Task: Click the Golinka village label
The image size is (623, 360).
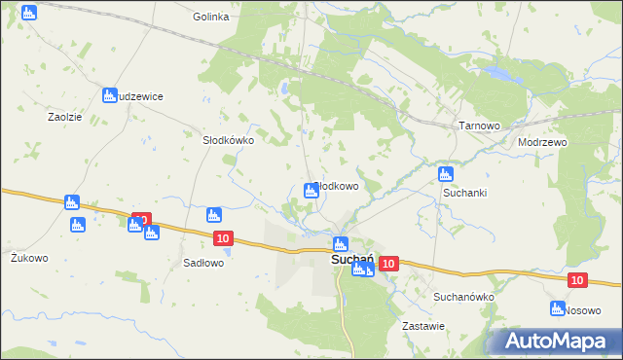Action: coord(210,17)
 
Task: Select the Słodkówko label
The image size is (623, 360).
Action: coord(228,139)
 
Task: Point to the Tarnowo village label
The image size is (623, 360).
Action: coord(479,126)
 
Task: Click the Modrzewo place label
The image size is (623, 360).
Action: coord(543,141)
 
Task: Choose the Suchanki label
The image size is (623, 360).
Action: coord(465,193)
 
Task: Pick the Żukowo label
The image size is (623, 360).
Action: coord(29,258)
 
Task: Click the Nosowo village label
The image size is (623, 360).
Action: coord(582,309)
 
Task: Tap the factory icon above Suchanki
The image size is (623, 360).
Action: coord(445,174)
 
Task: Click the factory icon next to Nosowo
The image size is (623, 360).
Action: coord(557,308)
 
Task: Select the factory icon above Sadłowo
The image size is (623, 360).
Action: coord(214,215)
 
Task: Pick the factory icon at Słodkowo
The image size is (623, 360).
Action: coord(311,191)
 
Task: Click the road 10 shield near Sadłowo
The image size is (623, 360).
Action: coord(224,238)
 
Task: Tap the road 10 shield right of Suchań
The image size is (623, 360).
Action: coord(389,264)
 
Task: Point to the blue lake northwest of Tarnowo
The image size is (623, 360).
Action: coord(500,72)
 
